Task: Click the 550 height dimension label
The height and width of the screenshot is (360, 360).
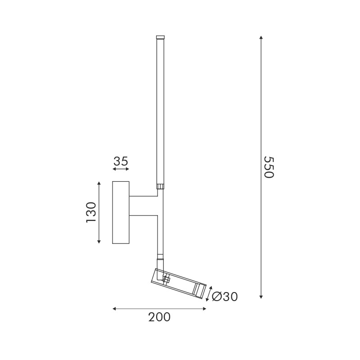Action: coord(268,167)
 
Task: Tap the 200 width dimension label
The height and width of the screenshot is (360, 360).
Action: coord(159,317)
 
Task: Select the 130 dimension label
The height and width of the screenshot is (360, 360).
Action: coord(91,212)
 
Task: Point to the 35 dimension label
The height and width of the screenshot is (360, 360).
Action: coord(121,161)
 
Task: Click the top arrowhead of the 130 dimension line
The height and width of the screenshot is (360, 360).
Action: coord(99,183)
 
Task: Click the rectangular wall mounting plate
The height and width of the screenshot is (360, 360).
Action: coord(121,212)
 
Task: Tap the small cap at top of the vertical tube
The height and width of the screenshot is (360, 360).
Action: coord(160,37)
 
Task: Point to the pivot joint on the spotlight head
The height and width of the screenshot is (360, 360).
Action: coord(166,279)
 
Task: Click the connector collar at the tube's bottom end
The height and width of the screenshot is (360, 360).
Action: coord(160,185)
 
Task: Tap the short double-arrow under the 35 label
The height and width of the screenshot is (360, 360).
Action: coord(121,169)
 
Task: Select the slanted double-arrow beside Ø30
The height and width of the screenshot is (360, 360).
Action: coord(208,293)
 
